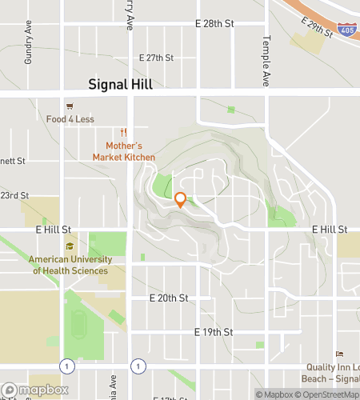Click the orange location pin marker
click(x=180, y=200)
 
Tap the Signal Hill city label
click(x=120, y=84)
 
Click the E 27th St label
click(x=156, y=58)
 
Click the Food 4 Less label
click(x=70, y=119)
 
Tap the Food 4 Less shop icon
click(x=70, y=106)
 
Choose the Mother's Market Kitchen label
click(x=124, y=151)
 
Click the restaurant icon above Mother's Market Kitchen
click(x=124, y=132)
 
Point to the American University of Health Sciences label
click(x=68, y=265)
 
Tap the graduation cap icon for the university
click(x=70, y=246)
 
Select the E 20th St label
click(x=169, y=298)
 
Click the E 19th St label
click(x=214, y=331)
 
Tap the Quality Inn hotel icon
click(x=338, y=354)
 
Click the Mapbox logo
click(x=32, y=391)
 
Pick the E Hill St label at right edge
click(x=329, y=230)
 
